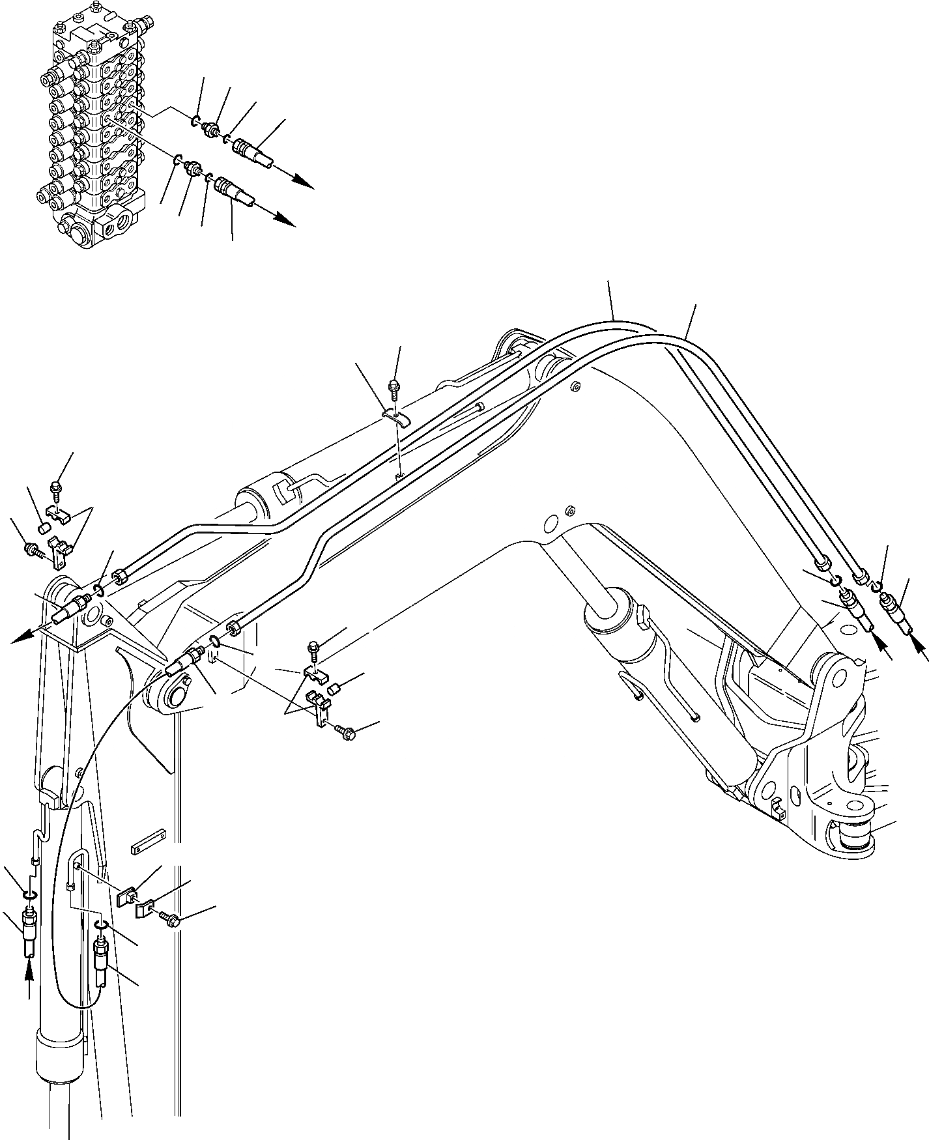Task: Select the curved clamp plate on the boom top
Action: pyautogui.click(x=394, y=416)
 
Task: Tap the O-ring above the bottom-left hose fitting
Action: pyautogui.click(x=29, y=894)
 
